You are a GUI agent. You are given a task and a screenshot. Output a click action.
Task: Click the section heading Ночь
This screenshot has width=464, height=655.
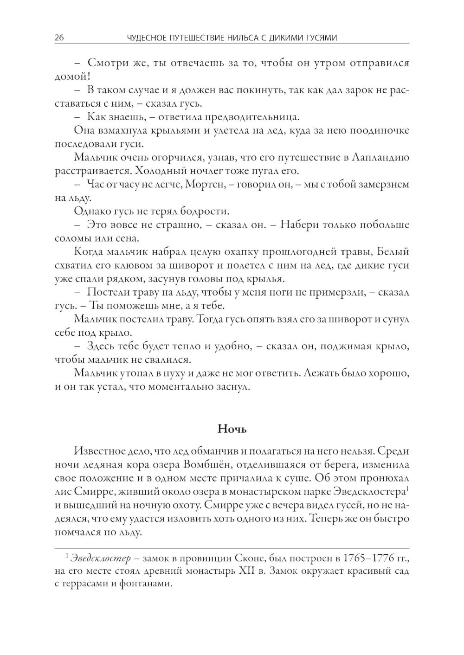click(232, 429)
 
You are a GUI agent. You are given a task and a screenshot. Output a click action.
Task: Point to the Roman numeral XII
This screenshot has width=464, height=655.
click(250, 571)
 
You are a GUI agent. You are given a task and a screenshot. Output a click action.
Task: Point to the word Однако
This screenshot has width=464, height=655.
click(91, 212)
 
